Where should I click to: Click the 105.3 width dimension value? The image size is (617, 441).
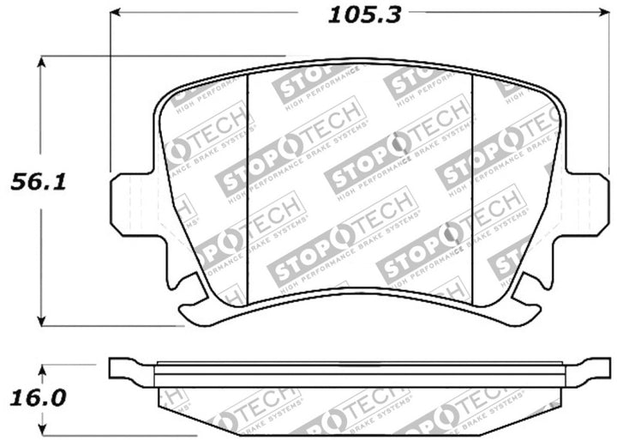[x=353, y=13]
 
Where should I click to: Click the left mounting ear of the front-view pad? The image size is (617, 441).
[x=125, y=202]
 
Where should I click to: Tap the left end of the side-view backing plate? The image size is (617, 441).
[x=120, y=369]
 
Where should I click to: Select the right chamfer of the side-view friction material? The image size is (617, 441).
[x=548, y=403]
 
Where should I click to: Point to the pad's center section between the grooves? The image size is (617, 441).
[x=360, y=180]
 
